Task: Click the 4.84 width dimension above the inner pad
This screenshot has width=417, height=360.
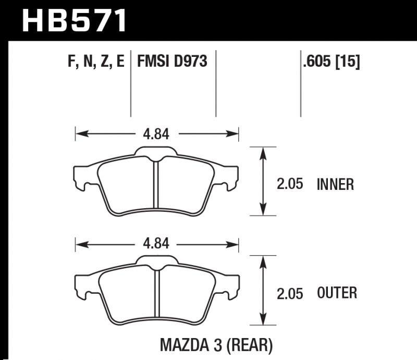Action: click(156, 134)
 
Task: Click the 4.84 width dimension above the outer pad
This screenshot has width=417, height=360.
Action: click(156, 244)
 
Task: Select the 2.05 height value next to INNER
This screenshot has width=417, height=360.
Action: click(290, 184)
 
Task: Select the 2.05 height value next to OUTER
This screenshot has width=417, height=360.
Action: click(290, 293)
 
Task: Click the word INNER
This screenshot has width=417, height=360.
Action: click(335, 184)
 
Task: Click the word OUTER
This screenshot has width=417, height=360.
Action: click(337, 293)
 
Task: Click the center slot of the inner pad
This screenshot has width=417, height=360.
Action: click(156, 183)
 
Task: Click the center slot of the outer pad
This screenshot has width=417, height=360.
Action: click(156, 293)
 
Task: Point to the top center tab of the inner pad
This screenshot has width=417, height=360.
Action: click(156, 152)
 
